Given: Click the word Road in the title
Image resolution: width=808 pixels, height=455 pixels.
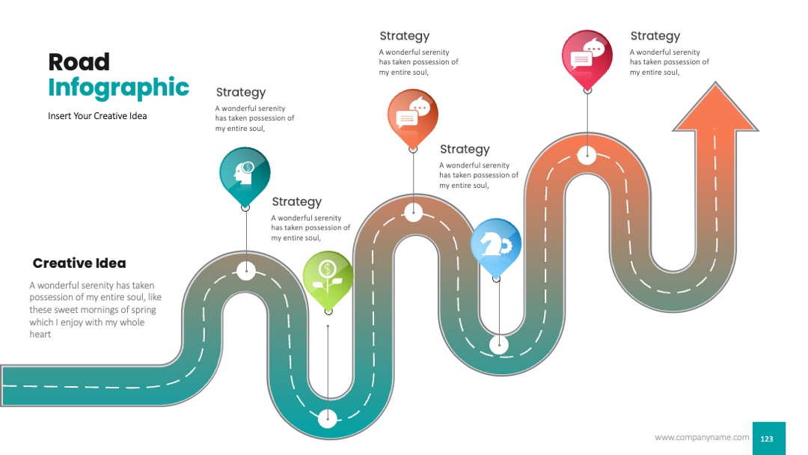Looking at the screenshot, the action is coord(79,62).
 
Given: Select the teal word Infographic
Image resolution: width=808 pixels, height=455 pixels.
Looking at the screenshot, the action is coord(118,88).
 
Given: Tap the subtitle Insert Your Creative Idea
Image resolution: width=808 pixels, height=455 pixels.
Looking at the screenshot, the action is coord(97,116).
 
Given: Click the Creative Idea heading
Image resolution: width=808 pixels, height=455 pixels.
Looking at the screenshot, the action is coord(79,263).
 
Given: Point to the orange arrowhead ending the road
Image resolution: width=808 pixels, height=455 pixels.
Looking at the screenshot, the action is coord(715,107).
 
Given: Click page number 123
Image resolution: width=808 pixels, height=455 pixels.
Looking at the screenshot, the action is coord(767,439).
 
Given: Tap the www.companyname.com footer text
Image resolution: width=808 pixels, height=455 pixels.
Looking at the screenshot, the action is coord(702,438).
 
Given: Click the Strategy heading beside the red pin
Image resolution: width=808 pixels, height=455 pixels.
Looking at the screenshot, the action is coord(655,36).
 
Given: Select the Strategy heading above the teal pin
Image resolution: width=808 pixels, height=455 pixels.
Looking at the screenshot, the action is coord(241,92).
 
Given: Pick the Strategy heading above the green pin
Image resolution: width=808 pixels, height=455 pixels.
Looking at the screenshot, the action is coord(297,202).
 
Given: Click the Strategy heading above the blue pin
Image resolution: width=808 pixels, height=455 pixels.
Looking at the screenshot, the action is coord(465,150).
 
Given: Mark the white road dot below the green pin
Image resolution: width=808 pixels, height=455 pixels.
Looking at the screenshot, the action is coord(328,418).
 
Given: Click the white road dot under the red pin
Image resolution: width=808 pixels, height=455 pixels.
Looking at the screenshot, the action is coord(587,155).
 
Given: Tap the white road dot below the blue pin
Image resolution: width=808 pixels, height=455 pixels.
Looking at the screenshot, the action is coord(499,345).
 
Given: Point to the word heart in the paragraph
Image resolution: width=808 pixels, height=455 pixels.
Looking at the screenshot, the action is coord(40,335).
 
